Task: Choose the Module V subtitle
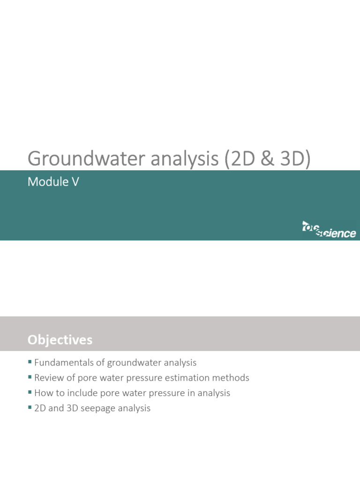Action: pyautogui.click(x=53, y=182)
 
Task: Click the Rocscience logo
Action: pyautogui.click(x=329, y=230)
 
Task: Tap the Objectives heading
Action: pyautogui.click(x=60, y=339)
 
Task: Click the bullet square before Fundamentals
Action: pyautogui.click(x=30, y=362)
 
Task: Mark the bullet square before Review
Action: pyautogui.click(x=30, y=377)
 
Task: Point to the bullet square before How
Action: pyautogui.click(x=30, y=392)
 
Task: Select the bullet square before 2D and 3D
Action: pyautogui.click(x=30, y=407)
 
